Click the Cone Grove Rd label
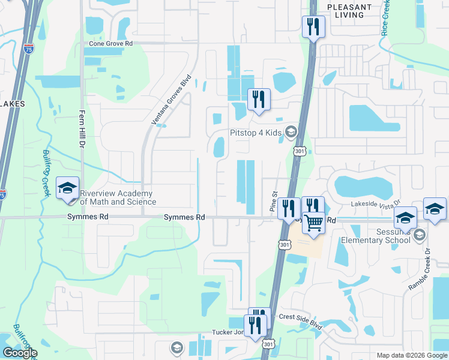coord(110,44)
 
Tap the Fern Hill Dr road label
coord(79,128)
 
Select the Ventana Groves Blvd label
coord(171,100)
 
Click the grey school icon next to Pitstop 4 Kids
coord(291,131)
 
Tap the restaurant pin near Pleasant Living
coord(313,27)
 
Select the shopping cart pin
coord(313,224)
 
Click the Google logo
coord(20,353)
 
